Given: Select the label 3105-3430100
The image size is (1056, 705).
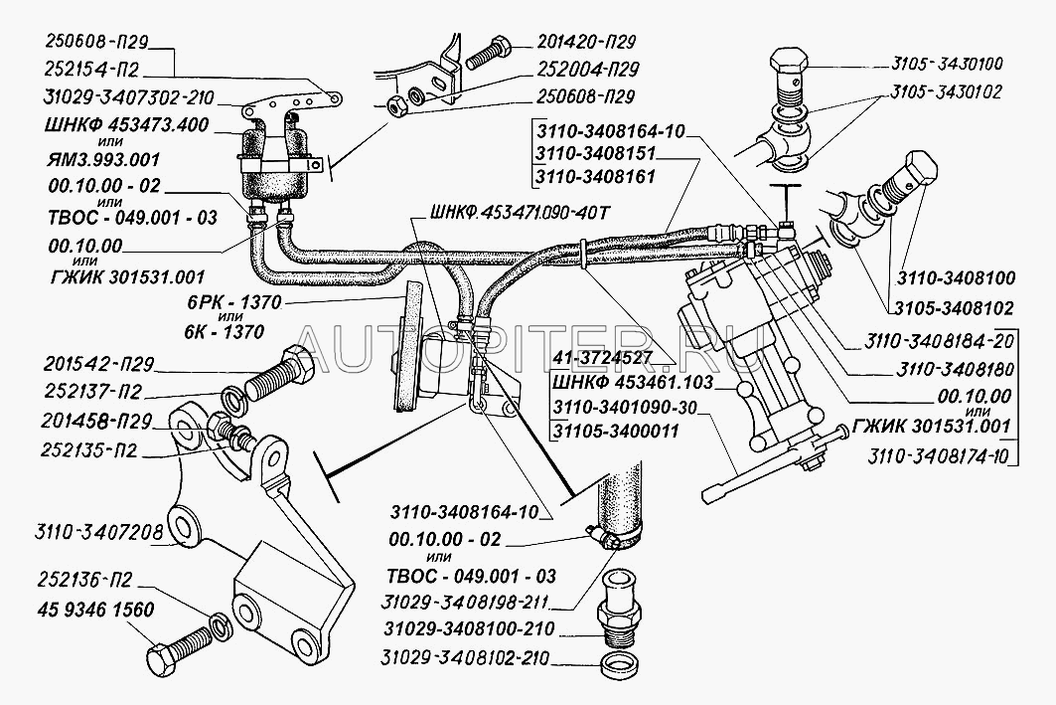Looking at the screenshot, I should pos(938,64).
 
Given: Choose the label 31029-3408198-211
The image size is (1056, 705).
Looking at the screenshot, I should pos(467,602).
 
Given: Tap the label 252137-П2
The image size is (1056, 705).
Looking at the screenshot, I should pos(91,390).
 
